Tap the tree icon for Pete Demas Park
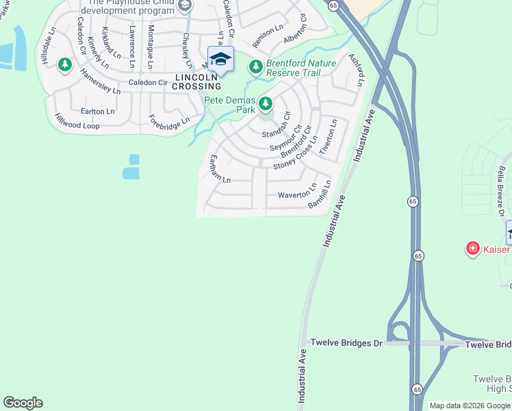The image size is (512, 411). pos(265,104)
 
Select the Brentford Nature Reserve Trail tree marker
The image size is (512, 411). pos(255,67)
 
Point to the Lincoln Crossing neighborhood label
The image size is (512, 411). pos(197,82)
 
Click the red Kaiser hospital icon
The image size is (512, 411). pos(472,249)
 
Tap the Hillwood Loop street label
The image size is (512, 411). pos(77,122)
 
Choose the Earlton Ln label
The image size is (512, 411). pos(97,111)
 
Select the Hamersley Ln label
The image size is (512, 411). pos(100,81)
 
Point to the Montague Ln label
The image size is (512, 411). pos(150,47)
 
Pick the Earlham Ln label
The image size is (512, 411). pos(220,169)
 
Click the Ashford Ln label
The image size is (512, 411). pos(356,71)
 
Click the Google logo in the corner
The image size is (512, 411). pos(23,403)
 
